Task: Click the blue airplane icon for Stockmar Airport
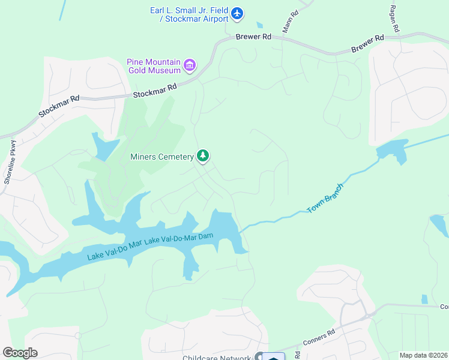[237, 13]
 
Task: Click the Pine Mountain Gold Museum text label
[153, 66]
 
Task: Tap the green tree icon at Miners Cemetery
[203, 157]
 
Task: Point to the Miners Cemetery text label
[162, 157]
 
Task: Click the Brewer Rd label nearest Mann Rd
[253, 37]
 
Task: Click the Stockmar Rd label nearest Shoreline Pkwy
[59, 106]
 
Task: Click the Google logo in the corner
[20, 352]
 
